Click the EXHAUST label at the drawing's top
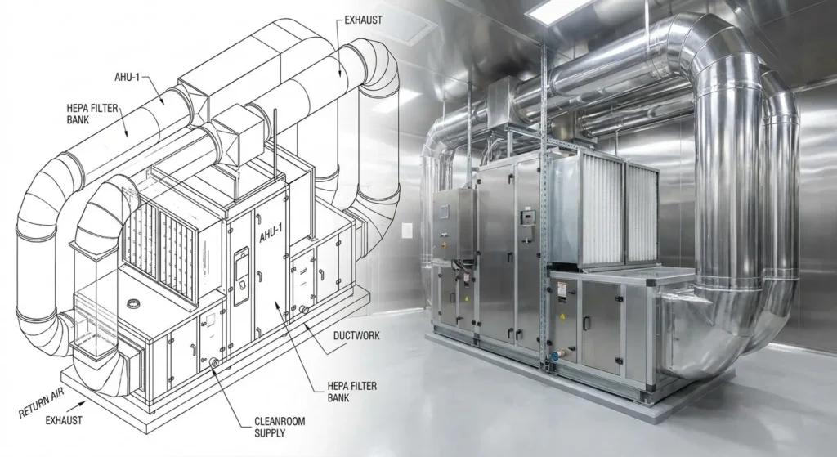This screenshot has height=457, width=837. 363,20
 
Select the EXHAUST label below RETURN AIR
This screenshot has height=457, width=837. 64,420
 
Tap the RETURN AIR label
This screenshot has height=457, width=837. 41,404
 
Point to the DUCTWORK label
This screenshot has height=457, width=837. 356,336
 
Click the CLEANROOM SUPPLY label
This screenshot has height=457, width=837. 280,427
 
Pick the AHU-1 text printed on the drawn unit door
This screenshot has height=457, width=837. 271,233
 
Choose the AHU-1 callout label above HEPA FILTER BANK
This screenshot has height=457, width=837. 127,77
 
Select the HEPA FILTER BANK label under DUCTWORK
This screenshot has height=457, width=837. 351,392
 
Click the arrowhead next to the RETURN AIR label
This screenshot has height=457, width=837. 82,404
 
